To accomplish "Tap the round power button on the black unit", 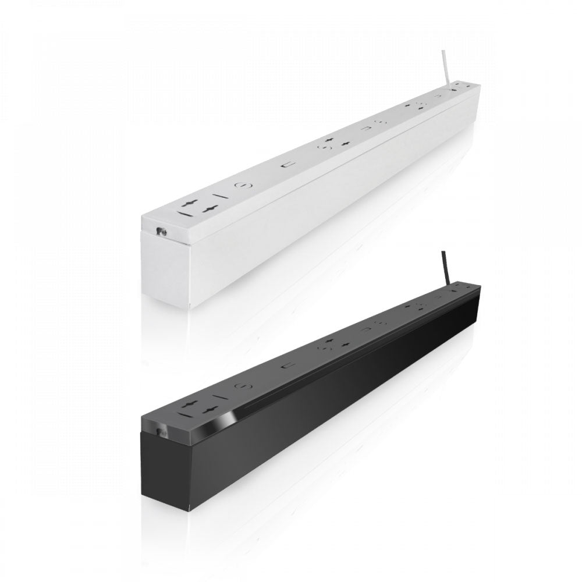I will click(239, 385).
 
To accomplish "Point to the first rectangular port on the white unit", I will click(286, 165).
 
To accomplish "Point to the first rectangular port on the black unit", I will click(286, 365).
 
